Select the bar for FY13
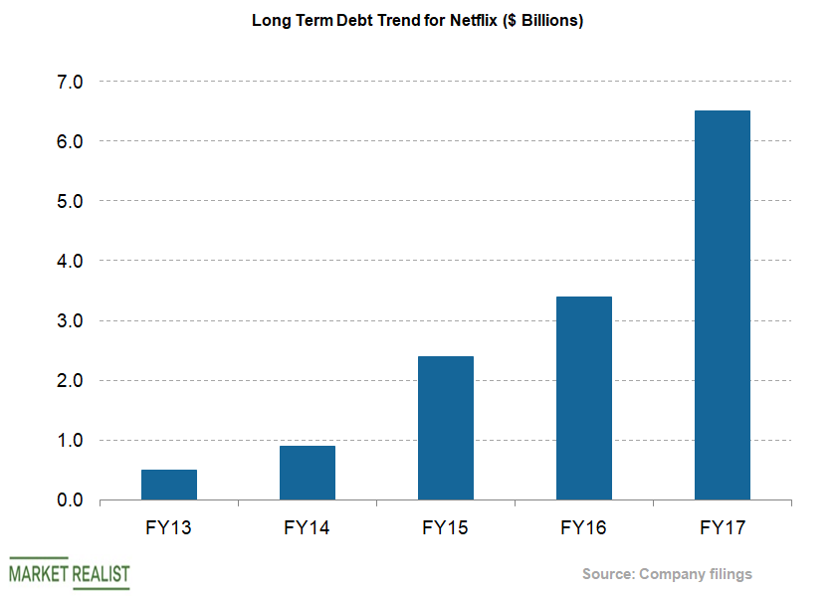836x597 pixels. (169, 485)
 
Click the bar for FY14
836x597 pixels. (308, 473)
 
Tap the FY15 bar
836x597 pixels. (446, 428)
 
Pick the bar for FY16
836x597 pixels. (584, 398)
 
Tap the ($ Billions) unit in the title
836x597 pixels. (533, 21)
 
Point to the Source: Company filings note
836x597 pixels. (667, 574)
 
